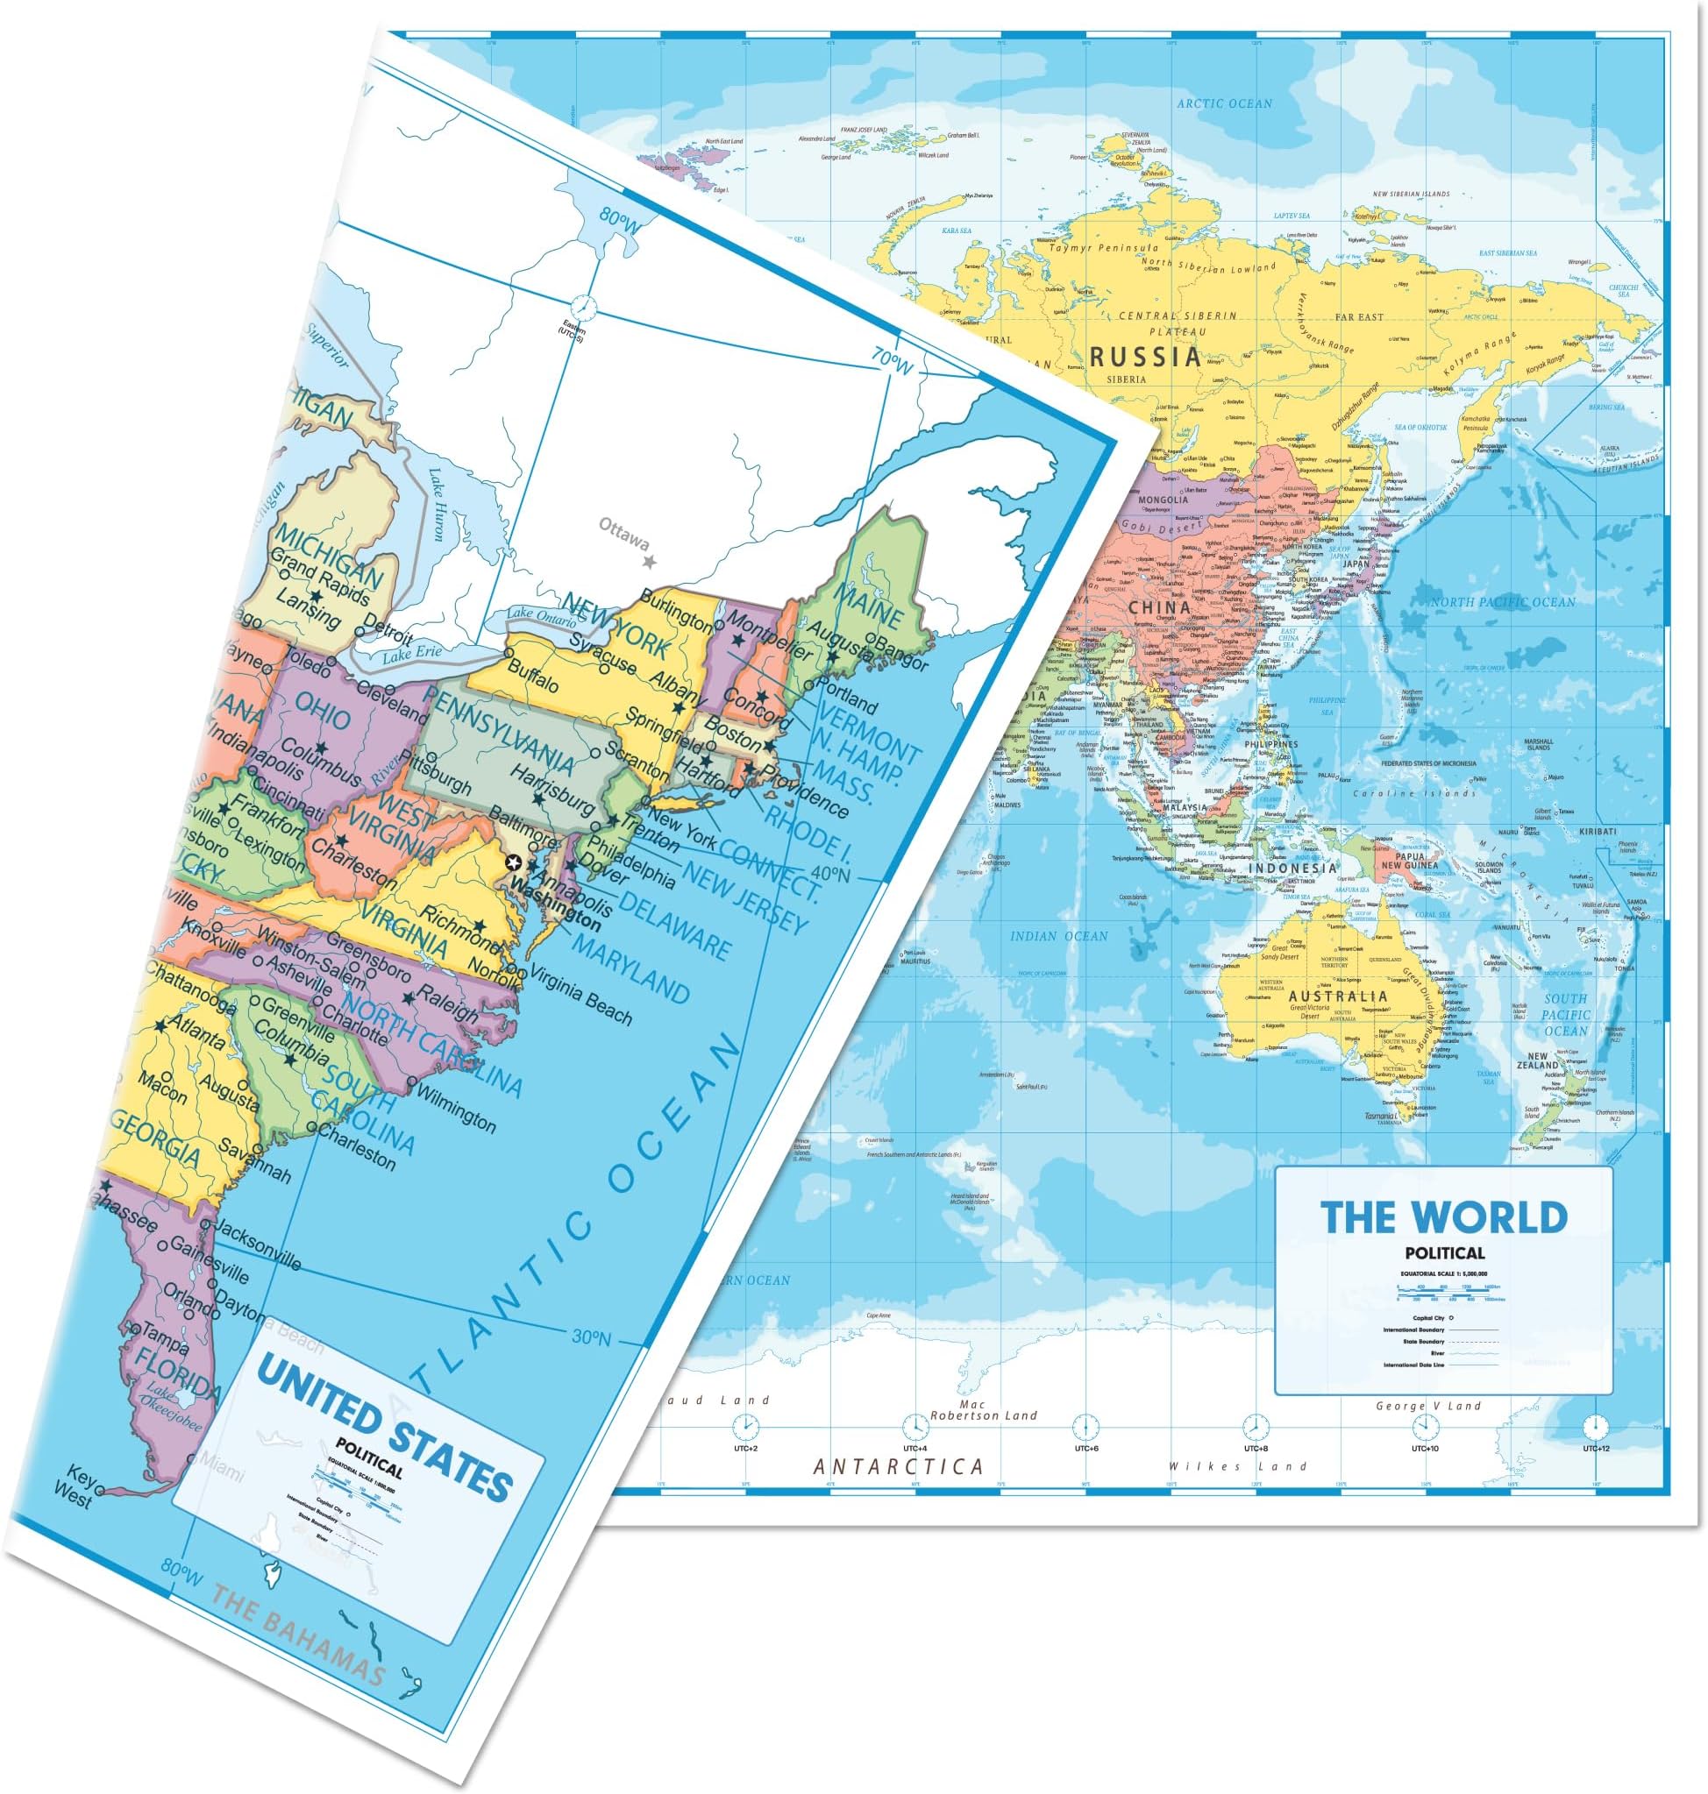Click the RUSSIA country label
(1145, 356)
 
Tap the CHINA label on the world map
(1159, 607)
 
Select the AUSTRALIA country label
(1337, 996)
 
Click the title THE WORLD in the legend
(1444, 1217)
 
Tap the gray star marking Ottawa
(649, 563)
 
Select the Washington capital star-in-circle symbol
(515, 863)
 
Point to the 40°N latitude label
(829, 875)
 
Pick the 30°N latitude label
(593, 1337)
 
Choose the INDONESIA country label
(1292, 868)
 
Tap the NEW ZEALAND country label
(1537, 1060)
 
